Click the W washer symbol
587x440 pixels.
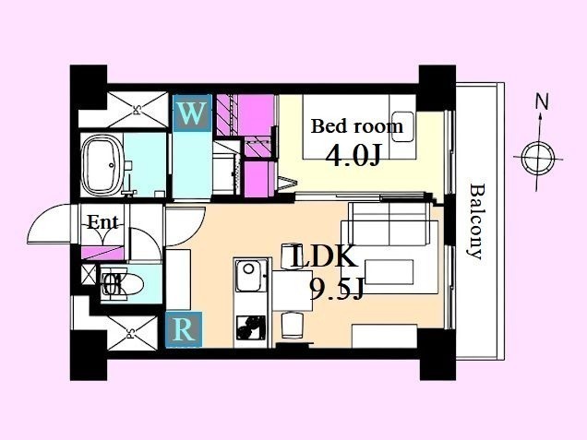[x=192, y=113]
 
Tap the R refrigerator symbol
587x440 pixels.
[x=184, y=329]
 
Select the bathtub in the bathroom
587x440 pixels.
[x=102, y=165]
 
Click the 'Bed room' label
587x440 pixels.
[x=357, y=126]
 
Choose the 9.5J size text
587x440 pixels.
[x=337, y=290]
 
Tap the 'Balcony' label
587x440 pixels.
[x=475, y=221]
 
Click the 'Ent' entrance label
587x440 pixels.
[x=103, y=223]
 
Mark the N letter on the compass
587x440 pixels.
[x=542, y=101]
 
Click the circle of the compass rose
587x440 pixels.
[x=538, y=158]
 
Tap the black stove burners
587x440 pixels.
[x=251, y=327]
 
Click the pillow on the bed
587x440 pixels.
[x=402, y=126]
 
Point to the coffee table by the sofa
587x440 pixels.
[x=389, y=272]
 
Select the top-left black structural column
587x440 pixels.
[x=89, y=88]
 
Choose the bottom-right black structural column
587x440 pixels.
[x=437, y=354]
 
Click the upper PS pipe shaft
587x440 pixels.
[x=138, y=110]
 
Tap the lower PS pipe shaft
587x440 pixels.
[x=132, y=333]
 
